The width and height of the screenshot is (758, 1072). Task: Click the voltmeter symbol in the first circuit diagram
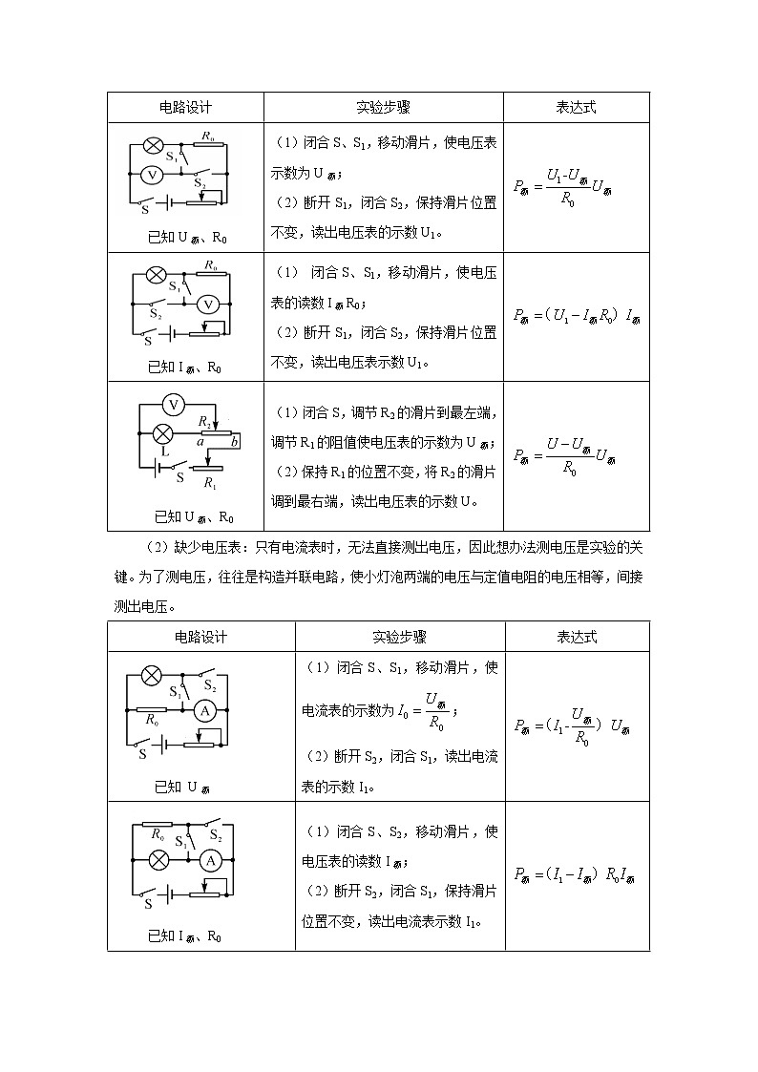[150, 175]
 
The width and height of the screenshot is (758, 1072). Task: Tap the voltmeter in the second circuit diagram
[208, 304]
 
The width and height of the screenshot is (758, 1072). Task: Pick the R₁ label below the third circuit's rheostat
[209, 484]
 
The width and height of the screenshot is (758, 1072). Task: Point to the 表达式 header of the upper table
[576, 107]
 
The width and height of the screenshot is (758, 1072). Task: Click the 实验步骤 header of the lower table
[399, 637]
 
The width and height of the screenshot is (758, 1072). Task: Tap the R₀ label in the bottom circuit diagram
[156, 833]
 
